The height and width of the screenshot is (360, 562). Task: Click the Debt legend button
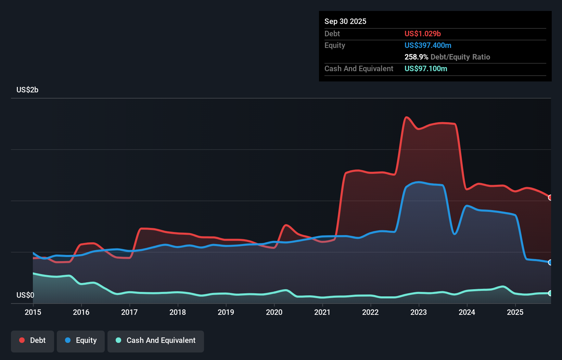(33, 340)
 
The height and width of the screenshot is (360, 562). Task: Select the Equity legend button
(81, 340)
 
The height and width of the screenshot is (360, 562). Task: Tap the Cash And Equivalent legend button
(156, 340)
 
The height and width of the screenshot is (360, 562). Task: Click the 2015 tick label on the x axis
(33, 312)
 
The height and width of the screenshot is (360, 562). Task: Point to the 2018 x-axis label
(178, 312)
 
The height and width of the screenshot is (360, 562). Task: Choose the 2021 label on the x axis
(322, 312)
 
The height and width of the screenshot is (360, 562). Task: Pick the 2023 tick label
(419, 312)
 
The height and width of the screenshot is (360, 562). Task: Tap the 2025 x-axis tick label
(515, 312)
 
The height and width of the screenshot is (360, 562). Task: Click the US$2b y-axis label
(27, 90)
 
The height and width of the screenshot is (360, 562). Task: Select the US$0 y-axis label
(25, 295)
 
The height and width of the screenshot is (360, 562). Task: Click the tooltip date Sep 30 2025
(345, 21)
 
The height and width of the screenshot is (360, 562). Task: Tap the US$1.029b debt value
(422, 34)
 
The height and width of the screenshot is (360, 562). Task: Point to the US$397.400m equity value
(427, 45)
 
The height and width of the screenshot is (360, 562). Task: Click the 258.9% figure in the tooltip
(416, 57)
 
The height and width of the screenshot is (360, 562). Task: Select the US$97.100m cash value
(425, 68)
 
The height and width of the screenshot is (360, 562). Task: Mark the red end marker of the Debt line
(550, 197)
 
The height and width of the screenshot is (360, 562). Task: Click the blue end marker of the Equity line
(550, 262)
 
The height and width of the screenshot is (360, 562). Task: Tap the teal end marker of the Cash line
(550, 293)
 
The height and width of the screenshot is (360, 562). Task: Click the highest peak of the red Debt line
(406, 117)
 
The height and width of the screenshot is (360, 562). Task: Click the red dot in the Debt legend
(22, 340)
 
